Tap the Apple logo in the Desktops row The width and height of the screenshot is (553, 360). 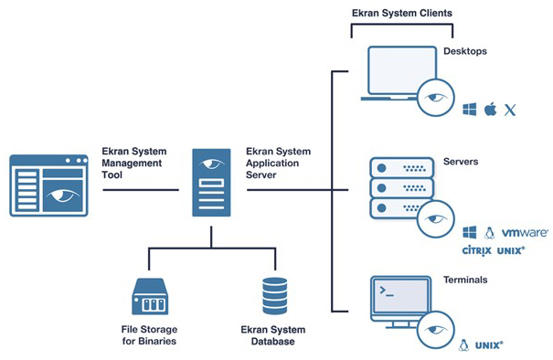tap(491, 110)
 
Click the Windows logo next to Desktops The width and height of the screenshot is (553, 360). tap(471, 110)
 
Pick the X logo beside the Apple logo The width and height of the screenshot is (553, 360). tap(511, 110)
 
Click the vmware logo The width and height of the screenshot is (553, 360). tap(524, 233)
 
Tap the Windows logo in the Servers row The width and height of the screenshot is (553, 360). tap(471, 233)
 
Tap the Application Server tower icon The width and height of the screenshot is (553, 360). tap(211, 184)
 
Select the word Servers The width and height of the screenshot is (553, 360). tap(461, 162)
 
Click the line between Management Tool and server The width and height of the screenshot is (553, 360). tap(140, 190)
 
